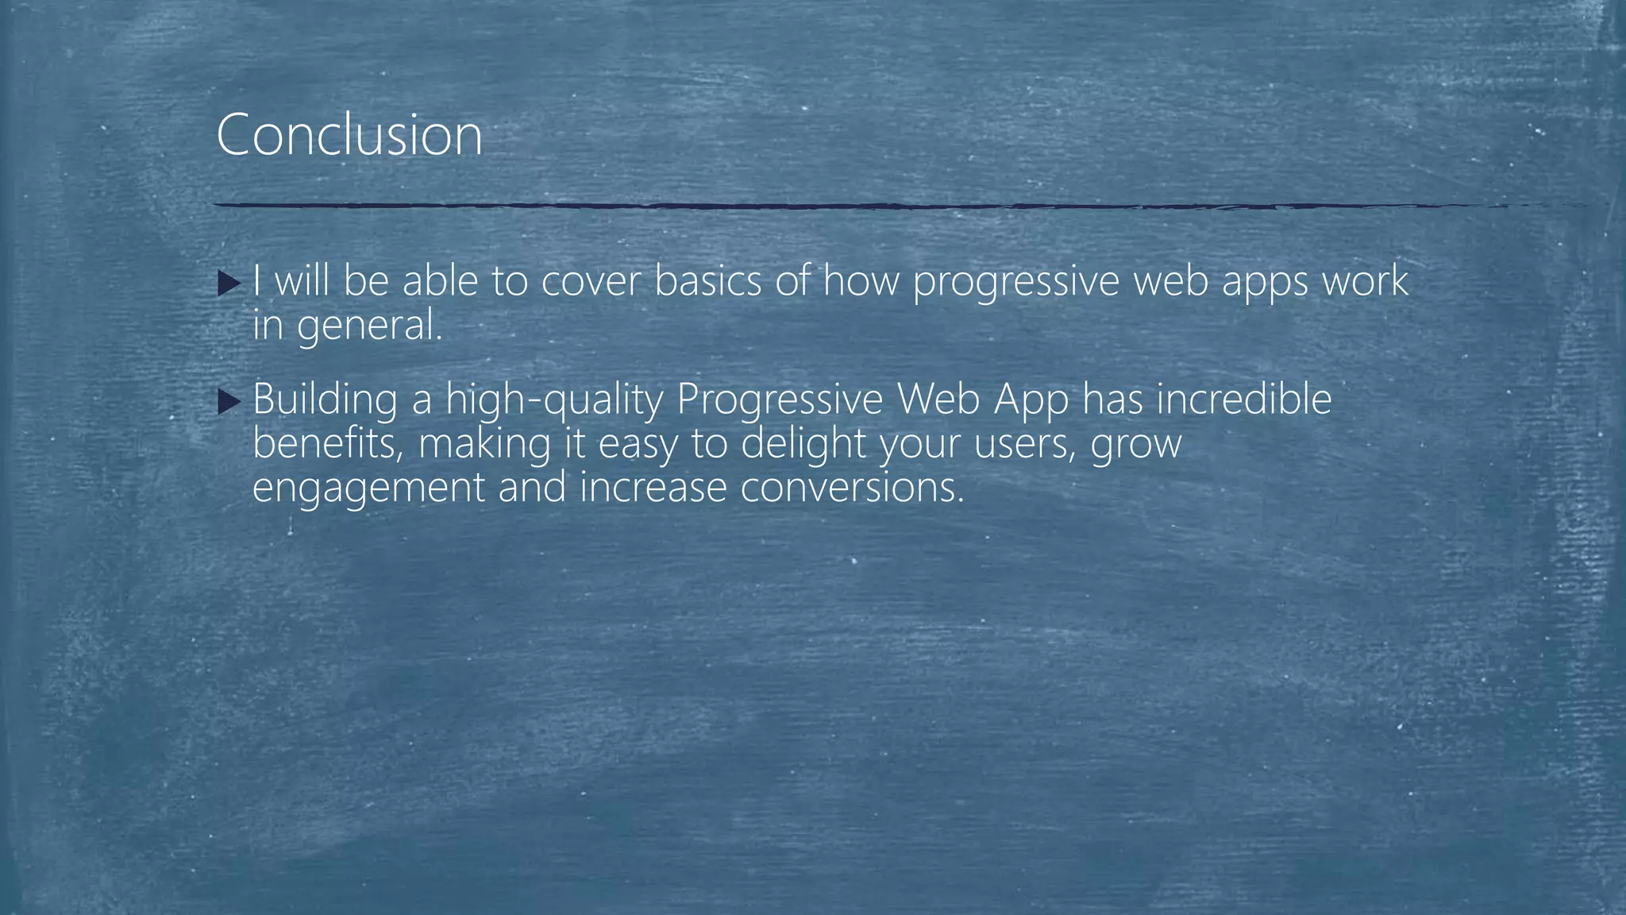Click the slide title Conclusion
(349, 135)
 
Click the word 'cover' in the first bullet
(590, 281)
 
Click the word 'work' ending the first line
(1365, 281)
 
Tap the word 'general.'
(369, 326)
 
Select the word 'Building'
(325, 400)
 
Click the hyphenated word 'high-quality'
(553, 400)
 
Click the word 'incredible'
(1243, 400)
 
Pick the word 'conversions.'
(852, 488)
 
